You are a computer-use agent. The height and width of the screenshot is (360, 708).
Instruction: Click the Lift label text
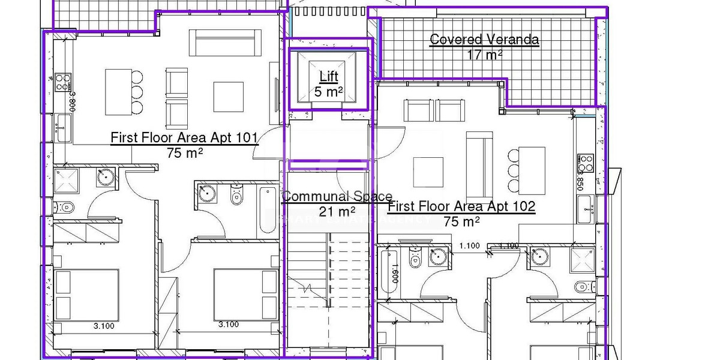[x=328, y=76]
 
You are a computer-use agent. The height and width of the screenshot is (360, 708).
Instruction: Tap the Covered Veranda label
[x=484, y=40]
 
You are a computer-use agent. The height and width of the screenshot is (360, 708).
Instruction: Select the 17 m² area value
[x=484, y=54]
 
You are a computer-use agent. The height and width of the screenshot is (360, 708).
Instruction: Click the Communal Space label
[x=337, y=196]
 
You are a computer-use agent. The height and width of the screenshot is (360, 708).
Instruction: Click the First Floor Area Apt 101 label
[x=184, y=138]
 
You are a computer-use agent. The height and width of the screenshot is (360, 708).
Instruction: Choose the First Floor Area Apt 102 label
[x=461, y=207]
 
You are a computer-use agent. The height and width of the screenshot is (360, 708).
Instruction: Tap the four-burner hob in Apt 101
[x=63, y=82]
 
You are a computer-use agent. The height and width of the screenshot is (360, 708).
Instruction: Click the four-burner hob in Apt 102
[x=585, y=163]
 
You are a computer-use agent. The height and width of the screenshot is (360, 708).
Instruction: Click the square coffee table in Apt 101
[x=229, y=97]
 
